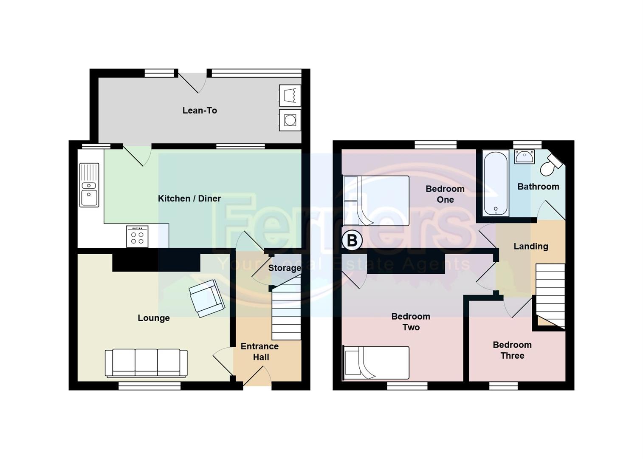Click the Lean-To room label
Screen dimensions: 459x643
200,110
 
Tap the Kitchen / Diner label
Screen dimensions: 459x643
189,198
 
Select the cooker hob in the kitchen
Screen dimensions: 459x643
137,236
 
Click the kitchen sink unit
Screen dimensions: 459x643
89,185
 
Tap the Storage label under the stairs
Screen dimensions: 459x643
284,268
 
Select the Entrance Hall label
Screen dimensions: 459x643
260,351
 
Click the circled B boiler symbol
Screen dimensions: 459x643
352,241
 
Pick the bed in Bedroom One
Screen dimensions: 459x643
376,201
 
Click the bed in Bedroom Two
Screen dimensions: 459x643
376,363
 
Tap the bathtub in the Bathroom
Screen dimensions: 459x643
496,183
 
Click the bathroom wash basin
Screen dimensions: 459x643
524,156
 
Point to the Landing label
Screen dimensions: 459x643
530,246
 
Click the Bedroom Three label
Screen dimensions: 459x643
512,350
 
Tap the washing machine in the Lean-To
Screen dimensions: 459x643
290,120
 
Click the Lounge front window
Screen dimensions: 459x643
149,385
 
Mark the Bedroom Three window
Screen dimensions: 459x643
503,385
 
